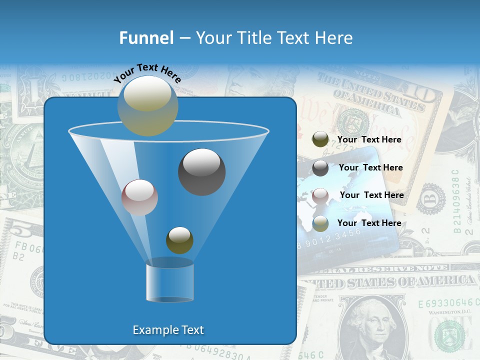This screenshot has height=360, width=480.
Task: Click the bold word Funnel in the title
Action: [x=146, y=38]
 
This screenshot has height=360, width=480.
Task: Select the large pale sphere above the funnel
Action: [x=147, y=105]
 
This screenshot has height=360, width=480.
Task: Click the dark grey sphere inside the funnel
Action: [x=201, y=171]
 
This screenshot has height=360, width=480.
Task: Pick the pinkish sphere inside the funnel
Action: [x=139, y=197]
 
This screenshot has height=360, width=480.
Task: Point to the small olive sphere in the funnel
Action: [x=179, y=240]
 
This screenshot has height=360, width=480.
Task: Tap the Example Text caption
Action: [x=168, y=330]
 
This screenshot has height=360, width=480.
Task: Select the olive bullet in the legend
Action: [x=320, y=139]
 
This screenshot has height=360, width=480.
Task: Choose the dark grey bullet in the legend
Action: [x=320, y=167]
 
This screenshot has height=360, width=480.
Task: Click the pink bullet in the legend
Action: [x=320, y=195]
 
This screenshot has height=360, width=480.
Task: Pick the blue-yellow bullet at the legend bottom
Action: [x=320, y=223]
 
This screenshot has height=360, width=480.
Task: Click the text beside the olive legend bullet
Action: [x=369, y=139]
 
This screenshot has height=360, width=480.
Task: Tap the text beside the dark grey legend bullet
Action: [x=370, y=167]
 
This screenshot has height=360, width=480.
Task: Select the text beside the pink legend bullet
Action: [x=371, y=195]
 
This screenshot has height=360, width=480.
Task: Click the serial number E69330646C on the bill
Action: [x=445, y=303]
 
